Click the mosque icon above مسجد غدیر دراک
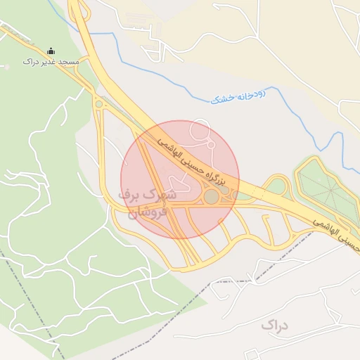tap(51, 51)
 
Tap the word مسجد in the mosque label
tap(68, 62)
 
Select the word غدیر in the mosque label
tap(47, 62)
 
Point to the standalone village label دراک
tap(275, 325)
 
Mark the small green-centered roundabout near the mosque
tap(98, 104)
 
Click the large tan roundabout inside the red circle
tap(212, 196)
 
